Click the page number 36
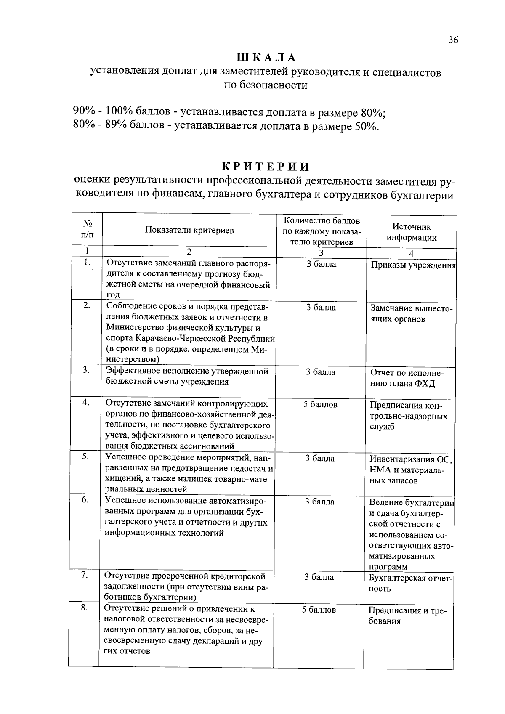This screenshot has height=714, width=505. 453,40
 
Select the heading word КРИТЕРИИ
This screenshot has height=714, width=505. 266,167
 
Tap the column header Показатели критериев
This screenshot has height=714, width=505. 189,230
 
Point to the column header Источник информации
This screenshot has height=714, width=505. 412,232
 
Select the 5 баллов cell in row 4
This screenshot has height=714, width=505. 320,405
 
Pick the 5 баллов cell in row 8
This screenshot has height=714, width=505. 319,610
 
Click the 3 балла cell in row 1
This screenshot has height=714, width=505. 321,265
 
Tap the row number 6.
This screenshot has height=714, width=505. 85,500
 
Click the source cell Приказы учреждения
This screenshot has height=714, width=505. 413,265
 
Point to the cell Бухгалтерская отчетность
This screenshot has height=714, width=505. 408,583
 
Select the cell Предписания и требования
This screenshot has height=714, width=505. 407,616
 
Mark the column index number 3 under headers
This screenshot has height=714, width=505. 321,253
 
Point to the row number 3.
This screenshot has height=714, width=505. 86,370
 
